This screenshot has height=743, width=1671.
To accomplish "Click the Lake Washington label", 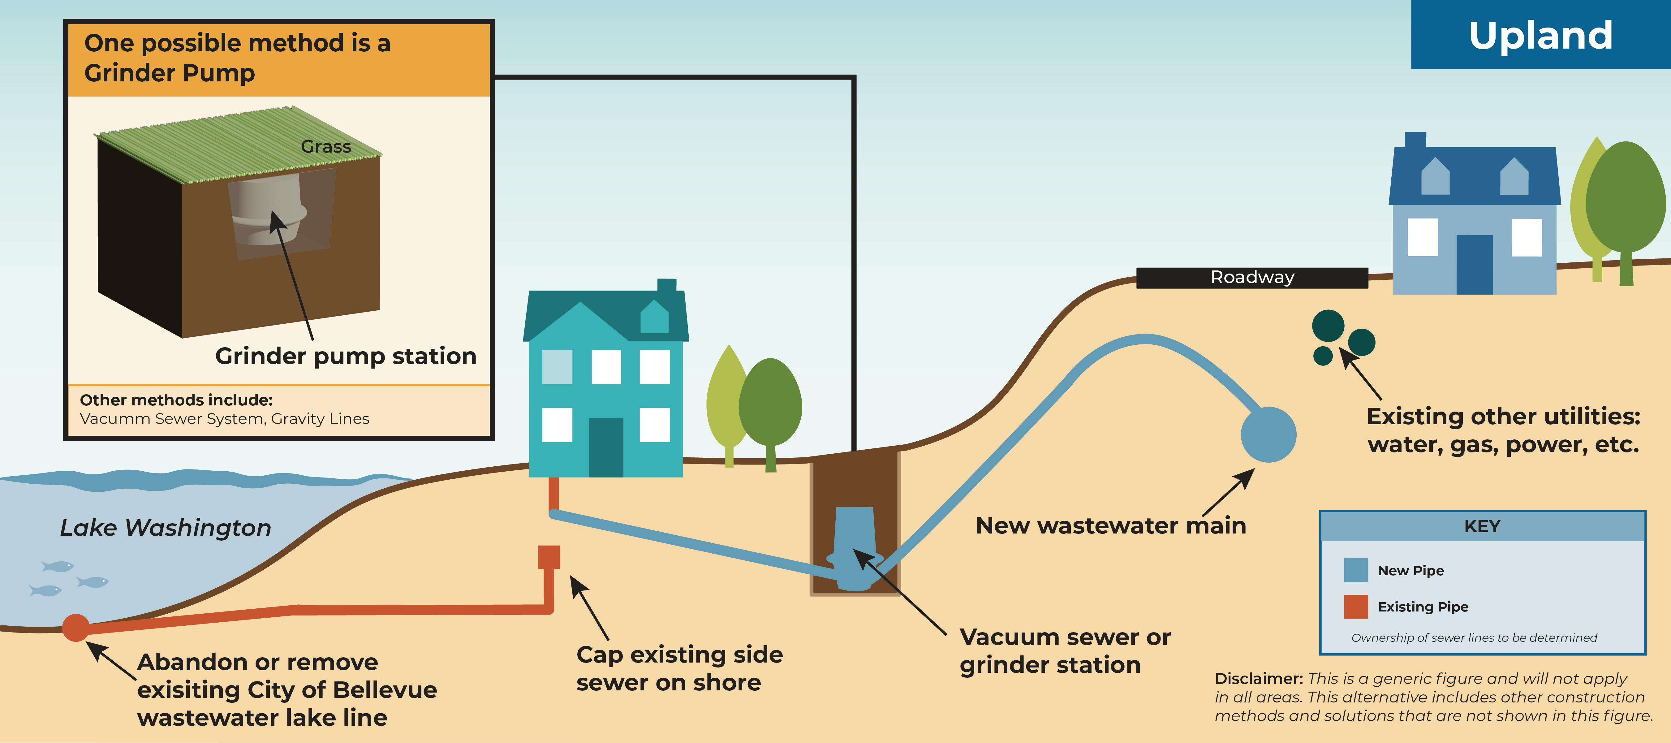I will coord(166,528).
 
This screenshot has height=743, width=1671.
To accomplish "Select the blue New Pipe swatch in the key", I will coord(1356,570).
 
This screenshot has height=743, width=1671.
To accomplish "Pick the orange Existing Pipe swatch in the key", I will coord(1356,606).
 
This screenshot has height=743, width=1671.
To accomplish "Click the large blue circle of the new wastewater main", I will coord(1268,435).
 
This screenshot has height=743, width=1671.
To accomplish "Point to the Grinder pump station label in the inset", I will coord(346,356).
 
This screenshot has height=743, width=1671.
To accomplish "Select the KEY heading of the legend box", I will coord(1482,526).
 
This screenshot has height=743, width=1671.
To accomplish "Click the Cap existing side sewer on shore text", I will coord(679,668).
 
